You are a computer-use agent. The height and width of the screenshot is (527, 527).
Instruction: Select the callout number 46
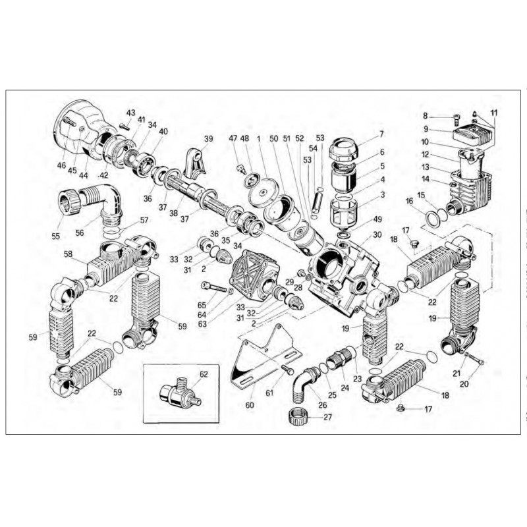tap(61, 166)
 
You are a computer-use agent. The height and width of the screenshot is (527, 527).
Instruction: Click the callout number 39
tap(208, 138)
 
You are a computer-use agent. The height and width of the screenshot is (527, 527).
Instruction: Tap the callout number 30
tap(377, 235)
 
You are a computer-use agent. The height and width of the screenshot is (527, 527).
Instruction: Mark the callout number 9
tap(426, 128)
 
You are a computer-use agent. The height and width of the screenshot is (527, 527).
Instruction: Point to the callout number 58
tap(68, 253)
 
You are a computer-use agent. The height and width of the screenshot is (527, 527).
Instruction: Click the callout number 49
tap(377, 219)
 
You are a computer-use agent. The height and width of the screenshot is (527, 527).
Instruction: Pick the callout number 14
tap(426, 179)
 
